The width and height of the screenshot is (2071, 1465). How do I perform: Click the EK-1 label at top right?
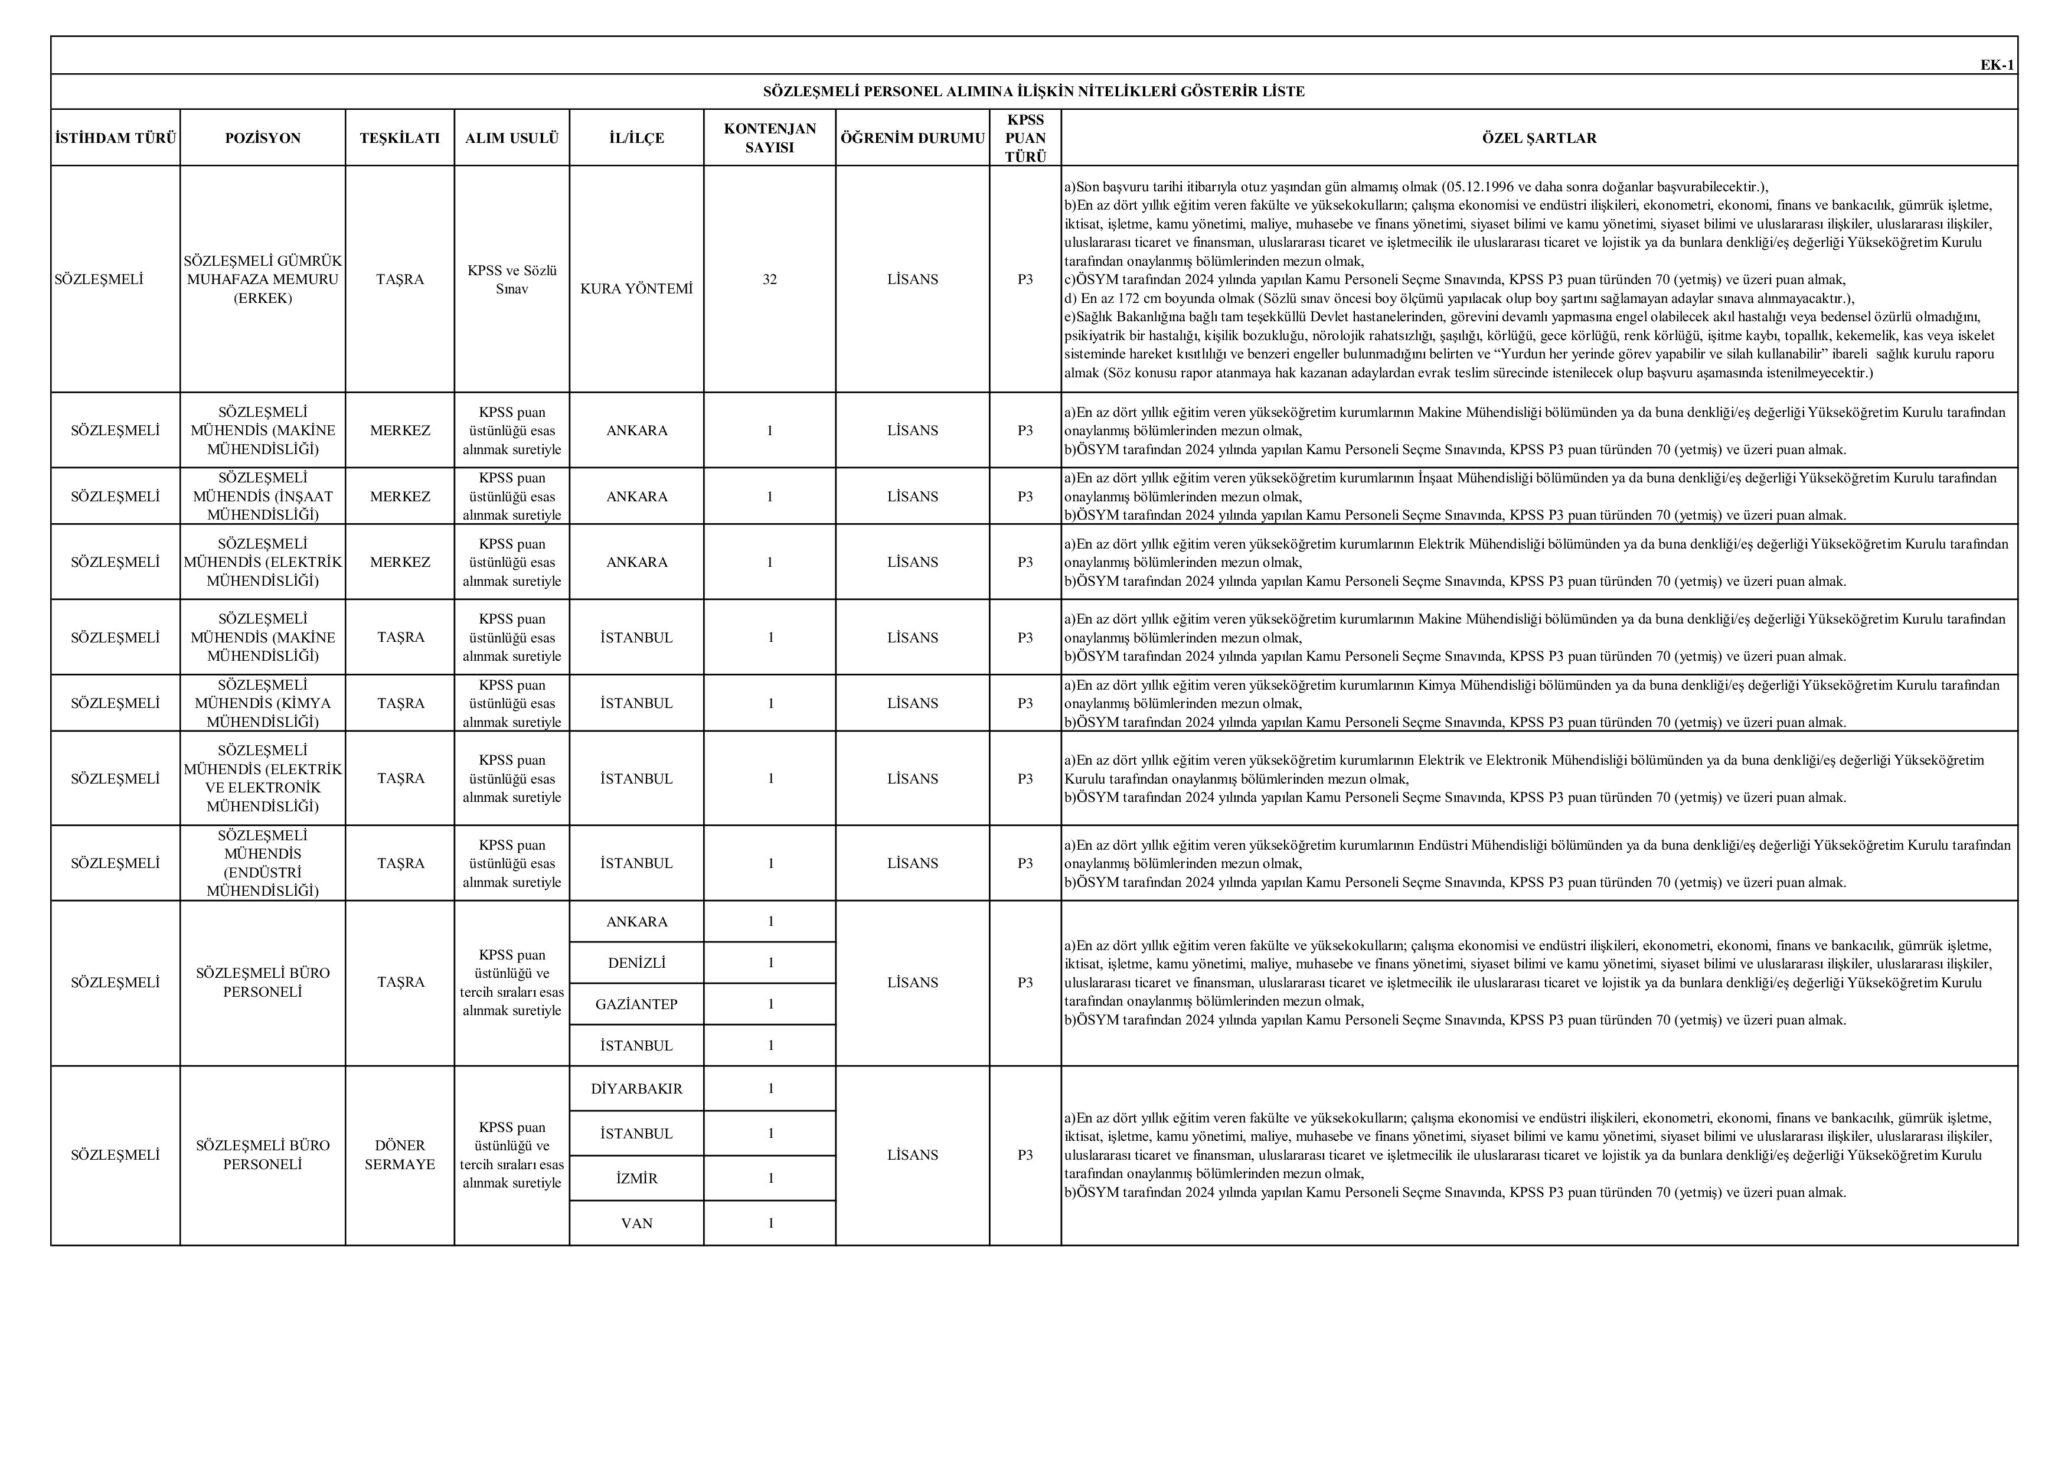[1996, 65]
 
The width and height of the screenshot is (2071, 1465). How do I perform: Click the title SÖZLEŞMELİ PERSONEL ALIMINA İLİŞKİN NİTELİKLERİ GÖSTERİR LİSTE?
[1034, 91]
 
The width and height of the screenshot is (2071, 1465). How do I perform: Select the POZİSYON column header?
[263, 138]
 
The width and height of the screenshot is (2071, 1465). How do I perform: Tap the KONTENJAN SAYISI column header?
[769, 138]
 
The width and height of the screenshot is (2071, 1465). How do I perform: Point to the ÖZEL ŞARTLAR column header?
[1539, 138]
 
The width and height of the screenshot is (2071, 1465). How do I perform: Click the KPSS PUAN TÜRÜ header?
[1025, 138]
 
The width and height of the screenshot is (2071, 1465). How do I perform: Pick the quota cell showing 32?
[769, 280]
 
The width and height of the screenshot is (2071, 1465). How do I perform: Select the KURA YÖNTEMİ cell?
[637, 289]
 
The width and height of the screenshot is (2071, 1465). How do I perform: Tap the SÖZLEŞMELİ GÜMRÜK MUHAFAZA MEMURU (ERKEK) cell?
[263, 280]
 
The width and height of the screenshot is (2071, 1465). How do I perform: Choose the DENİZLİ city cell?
[637, 962]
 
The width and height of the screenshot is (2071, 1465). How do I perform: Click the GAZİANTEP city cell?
[637, 1004]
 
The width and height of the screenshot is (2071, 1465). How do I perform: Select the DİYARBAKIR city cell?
[637, 1089]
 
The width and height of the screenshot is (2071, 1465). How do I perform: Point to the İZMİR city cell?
[637, 1178]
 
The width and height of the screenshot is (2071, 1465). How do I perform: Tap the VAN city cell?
[637, 1223]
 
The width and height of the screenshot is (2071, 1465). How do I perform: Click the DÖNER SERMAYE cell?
[400, 1154]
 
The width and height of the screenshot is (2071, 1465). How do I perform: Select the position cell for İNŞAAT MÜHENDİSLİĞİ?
[263, 496]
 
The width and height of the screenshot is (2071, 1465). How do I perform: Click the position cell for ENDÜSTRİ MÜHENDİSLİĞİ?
[263, 863]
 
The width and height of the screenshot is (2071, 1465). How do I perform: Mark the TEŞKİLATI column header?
[400, 138]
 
